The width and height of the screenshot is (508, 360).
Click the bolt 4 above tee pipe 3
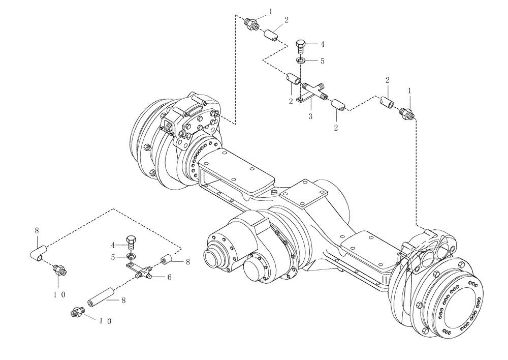point(301,47)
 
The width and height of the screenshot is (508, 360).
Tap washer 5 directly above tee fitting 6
point(131,256)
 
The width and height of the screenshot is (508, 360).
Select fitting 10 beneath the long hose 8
point(77,313)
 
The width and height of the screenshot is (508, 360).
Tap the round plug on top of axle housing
point(274,191)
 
